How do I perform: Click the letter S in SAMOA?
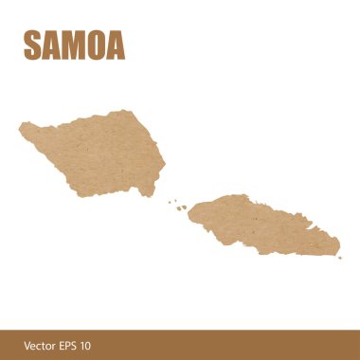[x=32, y=45]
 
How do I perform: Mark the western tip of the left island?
[x=21, y=127]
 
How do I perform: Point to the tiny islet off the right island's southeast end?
[x=333, y=257]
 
